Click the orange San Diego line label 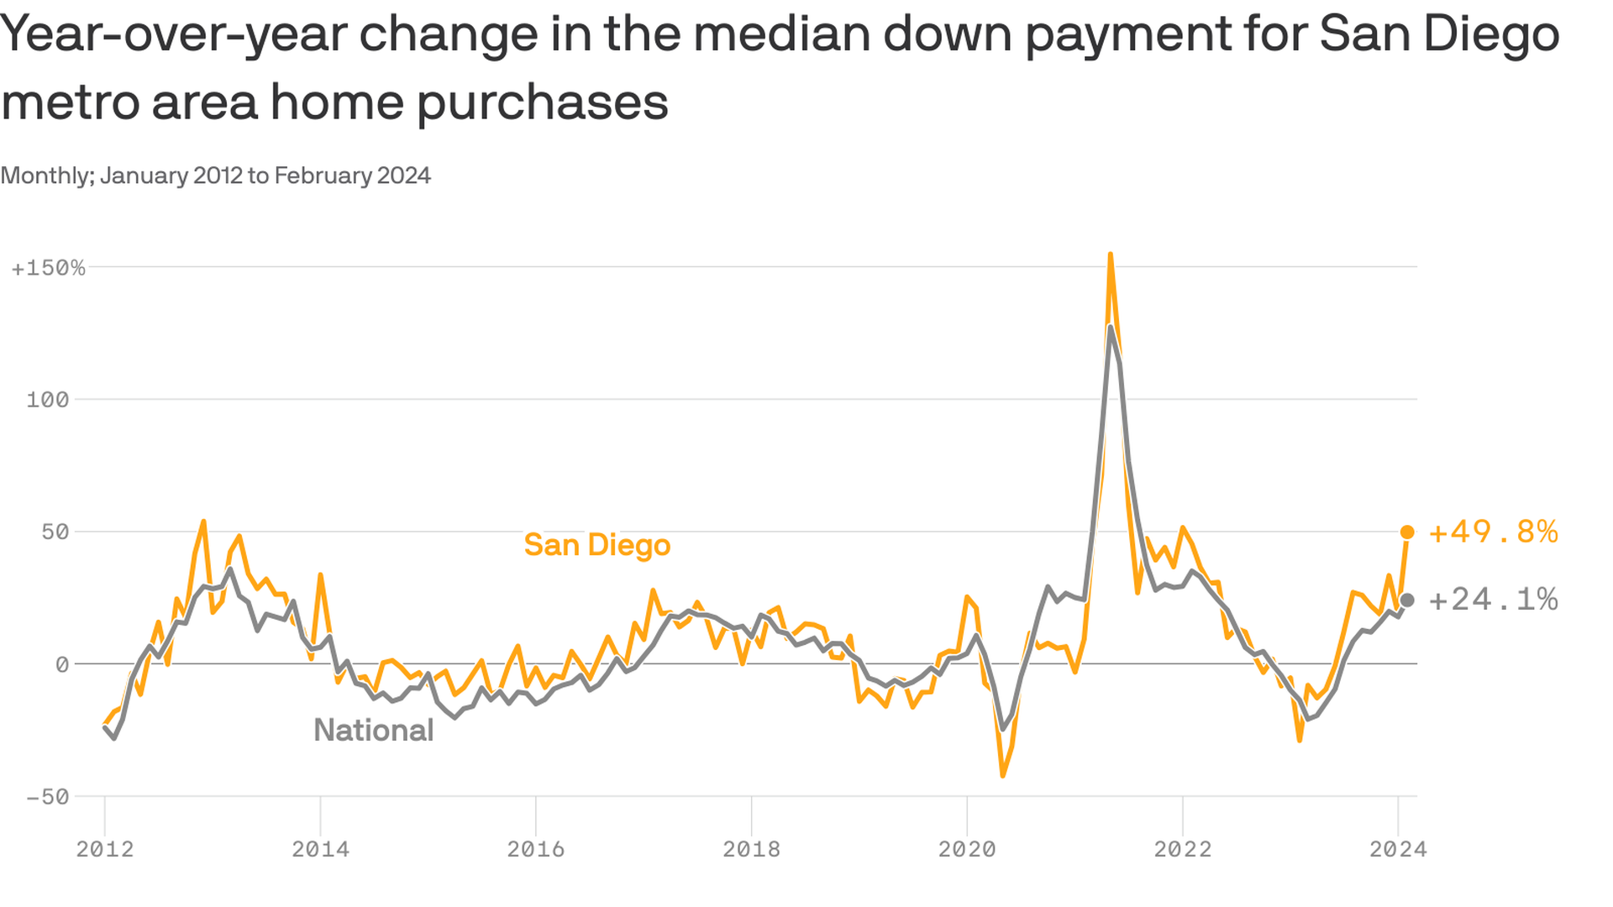[x=597, y=545]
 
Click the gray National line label [x=373, y=731]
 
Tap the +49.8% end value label [x=1493, y=532]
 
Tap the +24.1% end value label [x=1493, y=600]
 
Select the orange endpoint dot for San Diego [x=1407, y=532]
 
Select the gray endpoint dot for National [x=1407, y=600]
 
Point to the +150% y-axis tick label [x=49, y=268]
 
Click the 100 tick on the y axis [x=48, y=400]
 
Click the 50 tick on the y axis [x=55, y=532]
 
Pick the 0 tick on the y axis [x=61, y=664]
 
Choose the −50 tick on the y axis [x=48, y=797]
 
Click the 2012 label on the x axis [x=105, y=849]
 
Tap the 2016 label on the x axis [x=536, y=849]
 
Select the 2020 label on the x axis [x=967, y=849]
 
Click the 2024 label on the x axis [x=1398, y=849]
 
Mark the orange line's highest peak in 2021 [x=1111, y=254]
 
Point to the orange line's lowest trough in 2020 [x=1002, y=775]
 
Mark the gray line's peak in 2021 [x=1111, y=328]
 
